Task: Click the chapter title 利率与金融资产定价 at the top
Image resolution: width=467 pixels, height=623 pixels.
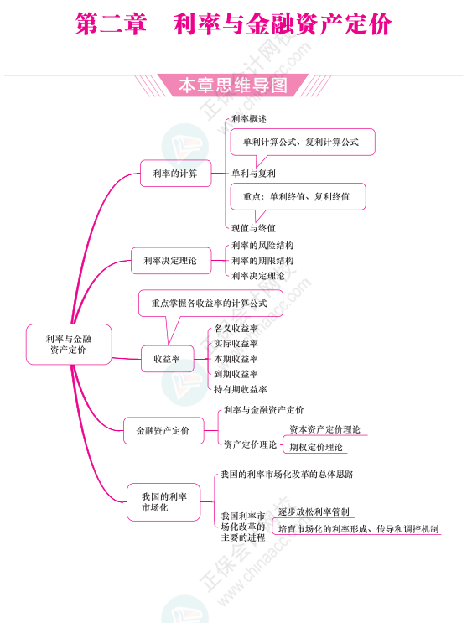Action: pos(283,23)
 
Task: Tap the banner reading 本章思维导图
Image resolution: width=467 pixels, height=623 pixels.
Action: pos(233,85)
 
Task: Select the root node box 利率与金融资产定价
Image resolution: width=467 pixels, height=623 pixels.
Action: pos(69,344)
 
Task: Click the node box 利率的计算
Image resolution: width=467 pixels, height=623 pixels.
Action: pos(175,174)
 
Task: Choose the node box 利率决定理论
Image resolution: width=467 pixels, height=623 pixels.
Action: pos(171,261)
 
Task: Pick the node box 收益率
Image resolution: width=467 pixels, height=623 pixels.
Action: pos(168,359)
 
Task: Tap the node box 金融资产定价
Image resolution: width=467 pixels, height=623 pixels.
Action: pos(163,430)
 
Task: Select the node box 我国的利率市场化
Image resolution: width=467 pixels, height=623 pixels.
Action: pos(163,502)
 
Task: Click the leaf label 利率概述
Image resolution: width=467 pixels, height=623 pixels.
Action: pos(249,119)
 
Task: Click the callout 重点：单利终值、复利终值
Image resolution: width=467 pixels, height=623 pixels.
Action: pos(297,196)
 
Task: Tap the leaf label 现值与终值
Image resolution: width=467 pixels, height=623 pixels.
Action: pos(253,228)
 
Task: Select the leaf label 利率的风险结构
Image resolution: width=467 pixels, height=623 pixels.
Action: pos(262,246)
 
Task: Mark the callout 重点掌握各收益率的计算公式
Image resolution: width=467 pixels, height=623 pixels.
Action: pos(210,304)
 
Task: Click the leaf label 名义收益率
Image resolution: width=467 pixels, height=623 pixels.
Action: pos(236,328)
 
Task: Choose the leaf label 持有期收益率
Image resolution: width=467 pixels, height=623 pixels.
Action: pos(241,389)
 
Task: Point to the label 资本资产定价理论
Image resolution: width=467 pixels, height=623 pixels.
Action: pos(324,429)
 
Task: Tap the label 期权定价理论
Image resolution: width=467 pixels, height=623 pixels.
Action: pos(316,447)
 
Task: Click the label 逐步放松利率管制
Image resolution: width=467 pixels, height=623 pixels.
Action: pos(314,511)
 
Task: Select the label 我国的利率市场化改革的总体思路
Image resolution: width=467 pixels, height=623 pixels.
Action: pos(287,474)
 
